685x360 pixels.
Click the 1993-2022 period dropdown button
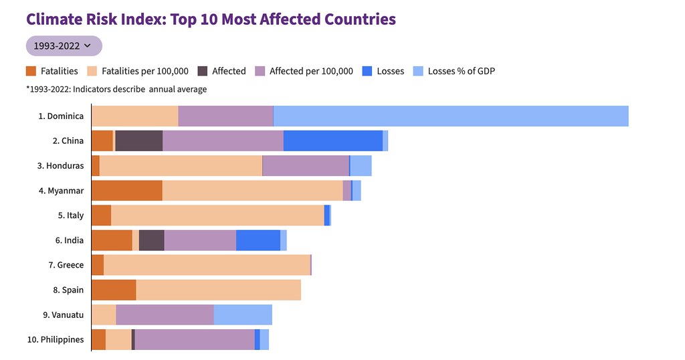click(64, 46)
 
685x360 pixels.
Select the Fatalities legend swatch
click(31, 71)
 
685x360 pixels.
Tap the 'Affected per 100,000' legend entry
click(304, 71)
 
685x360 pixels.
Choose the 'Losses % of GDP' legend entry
click(454, 71)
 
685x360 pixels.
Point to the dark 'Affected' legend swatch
click(202, 71)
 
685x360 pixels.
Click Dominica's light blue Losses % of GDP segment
click(451, 116)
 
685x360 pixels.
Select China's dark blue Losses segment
click(333, 141)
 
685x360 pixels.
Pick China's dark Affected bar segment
click(139, 141)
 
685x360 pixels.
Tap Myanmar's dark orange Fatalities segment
click(127, 191)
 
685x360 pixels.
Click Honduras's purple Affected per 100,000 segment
click(306, 165)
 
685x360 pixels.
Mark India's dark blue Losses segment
click(258, 240)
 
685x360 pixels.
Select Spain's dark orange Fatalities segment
click(114, 290)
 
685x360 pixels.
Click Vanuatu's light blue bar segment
click(243, 315)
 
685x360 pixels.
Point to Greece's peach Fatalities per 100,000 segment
click(207, 265)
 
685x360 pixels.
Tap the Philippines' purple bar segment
click(195, 340)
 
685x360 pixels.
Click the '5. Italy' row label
click(71, 215)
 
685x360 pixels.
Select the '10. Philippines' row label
click(56, 340)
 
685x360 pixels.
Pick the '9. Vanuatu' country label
click(64, 315)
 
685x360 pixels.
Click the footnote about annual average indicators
click(116, 89)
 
